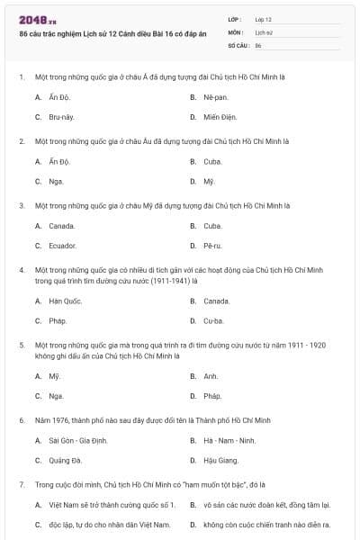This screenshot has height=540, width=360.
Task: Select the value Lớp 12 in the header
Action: [264, 19]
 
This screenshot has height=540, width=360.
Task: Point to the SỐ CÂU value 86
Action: [258, 44]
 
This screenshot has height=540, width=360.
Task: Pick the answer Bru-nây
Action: [60, 117]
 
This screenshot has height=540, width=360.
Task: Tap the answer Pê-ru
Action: [212, 245]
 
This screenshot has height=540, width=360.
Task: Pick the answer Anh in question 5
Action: [211, 376]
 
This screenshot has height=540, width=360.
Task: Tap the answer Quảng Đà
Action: [64, 461]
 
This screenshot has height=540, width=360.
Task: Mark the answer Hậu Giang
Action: [220, 461]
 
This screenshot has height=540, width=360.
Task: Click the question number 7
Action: [22, 484]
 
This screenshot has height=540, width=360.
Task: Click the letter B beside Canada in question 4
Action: [193, 301]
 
